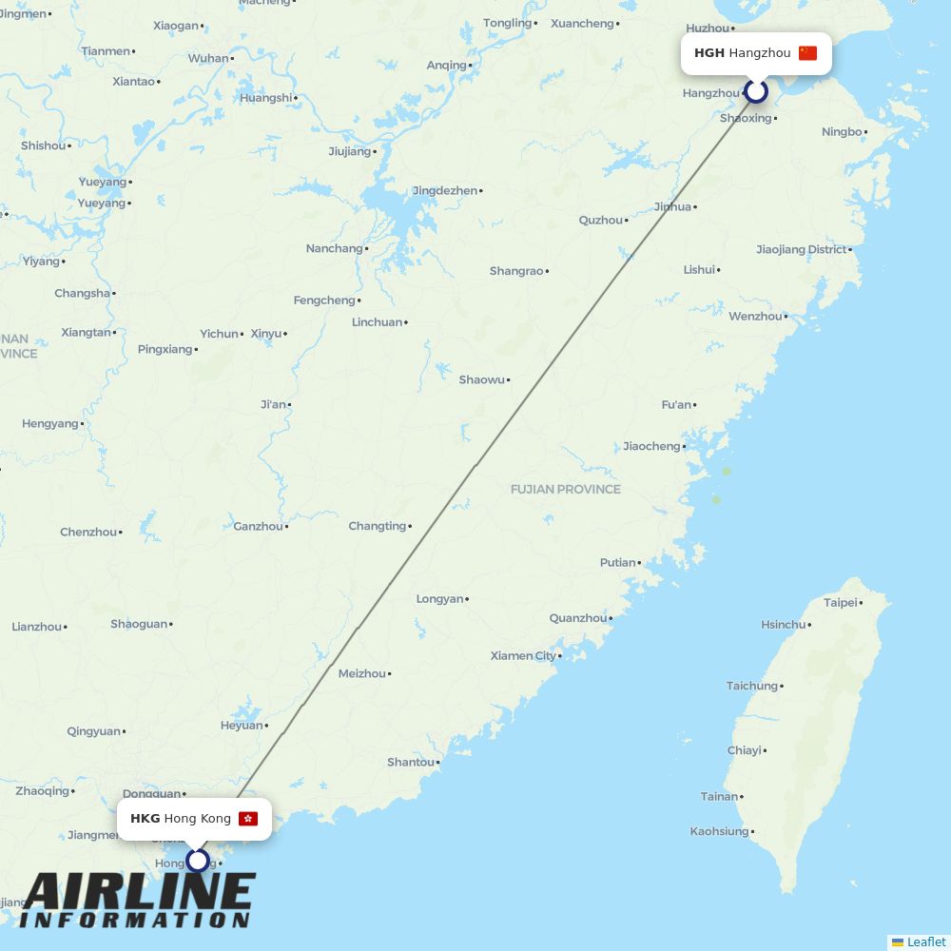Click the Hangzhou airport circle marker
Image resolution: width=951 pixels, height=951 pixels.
(756, 91)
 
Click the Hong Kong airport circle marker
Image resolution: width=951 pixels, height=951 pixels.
(197, 861)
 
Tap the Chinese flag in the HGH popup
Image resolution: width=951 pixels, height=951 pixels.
(807, 53)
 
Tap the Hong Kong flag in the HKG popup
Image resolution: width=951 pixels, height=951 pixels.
(248, 819)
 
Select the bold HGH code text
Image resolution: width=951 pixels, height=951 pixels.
(708, 53)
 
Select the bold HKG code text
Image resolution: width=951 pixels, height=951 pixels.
(145, 819)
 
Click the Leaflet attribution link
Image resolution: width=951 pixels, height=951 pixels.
(925, 941)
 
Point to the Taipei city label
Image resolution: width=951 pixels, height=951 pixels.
(840, 602)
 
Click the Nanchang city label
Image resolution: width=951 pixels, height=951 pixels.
(334, 248)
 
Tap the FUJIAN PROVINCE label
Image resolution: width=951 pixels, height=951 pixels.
(565, 489)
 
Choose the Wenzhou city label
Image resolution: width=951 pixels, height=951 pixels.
(755, 316)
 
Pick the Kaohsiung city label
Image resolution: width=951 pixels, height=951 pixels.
(719, 831)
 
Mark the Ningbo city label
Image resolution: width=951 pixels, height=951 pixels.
(841, 131)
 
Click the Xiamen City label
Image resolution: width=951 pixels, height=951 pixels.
(523, 655)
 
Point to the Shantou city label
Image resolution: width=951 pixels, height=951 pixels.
(410, 762)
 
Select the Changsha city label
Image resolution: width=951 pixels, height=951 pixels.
(82, 293)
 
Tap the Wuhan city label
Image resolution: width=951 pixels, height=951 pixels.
(207, 58)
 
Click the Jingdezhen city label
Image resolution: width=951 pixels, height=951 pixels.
(444, 190)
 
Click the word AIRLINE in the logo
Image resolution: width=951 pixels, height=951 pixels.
(138, 892)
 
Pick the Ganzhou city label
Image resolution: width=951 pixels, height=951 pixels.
(258, 526)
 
